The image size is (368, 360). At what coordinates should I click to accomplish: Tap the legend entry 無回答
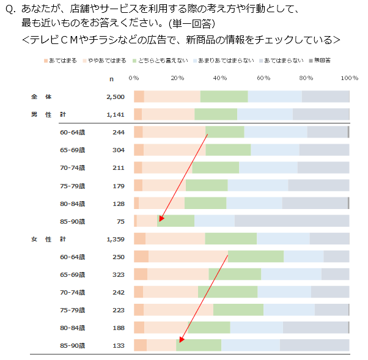point(322,61)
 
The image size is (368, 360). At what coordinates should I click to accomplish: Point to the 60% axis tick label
point(263,78)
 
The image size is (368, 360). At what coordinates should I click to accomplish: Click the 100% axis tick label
point(350,78)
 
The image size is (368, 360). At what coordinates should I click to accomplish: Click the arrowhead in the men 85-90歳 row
point(160,219)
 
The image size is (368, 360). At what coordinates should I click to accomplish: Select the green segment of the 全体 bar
point(224,97)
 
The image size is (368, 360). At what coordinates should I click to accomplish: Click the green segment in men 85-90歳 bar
point(176,221)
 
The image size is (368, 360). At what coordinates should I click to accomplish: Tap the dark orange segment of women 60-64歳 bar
point(141,257)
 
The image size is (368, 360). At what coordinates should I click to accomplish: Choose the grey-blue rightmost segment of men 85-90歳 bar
point(292,221)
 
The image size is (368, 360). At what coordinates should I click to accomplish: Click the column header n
point(111,78)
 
